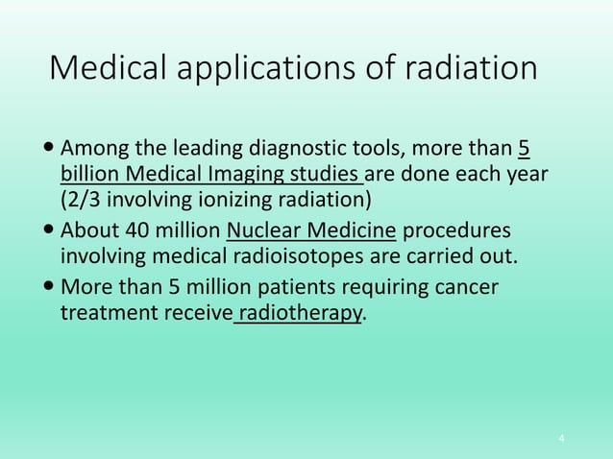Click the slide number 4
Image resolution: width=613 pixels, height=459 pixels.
click(x=562, y=438)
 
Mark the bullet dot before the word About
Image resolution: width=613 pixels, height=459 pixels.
click(x=49, y=233)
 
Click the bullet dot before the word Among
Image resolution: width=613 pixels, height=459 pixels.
click(x=49, y=151)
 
